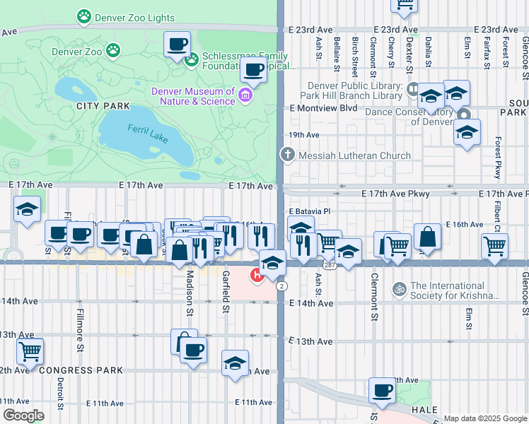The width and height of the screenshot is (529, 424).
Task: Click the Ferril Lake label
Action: (x=148, y=133)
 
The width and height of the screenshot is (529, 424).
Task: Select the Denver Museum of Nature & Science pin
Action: (x=245, y=95)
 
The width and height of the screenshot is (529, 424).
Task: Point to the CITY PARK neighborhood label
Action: (x=104, y=106)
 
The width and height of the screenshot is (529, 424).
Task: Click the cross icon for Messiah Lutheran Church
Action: (x=287, y=155)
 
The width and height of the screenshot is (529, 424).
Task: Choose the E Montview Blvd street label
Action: (x=323, y=108)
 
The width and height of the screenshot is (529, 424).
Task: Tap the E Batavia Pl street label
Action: (x=309, y=211)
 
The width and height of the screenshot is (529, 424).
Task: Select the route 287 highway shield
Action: (x=330, y=264)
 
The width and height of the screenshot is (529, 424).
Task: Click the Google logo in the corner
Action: (x=23, y=416)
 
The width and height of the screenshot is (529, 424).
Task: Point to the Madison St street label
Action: (x=190, y=293)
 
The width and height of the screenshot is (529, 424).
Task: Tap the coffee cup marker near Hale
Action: (x=383, y=390)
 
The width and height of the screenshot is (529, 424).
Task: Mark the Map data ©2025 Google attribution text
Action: (x=485, y=418)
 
